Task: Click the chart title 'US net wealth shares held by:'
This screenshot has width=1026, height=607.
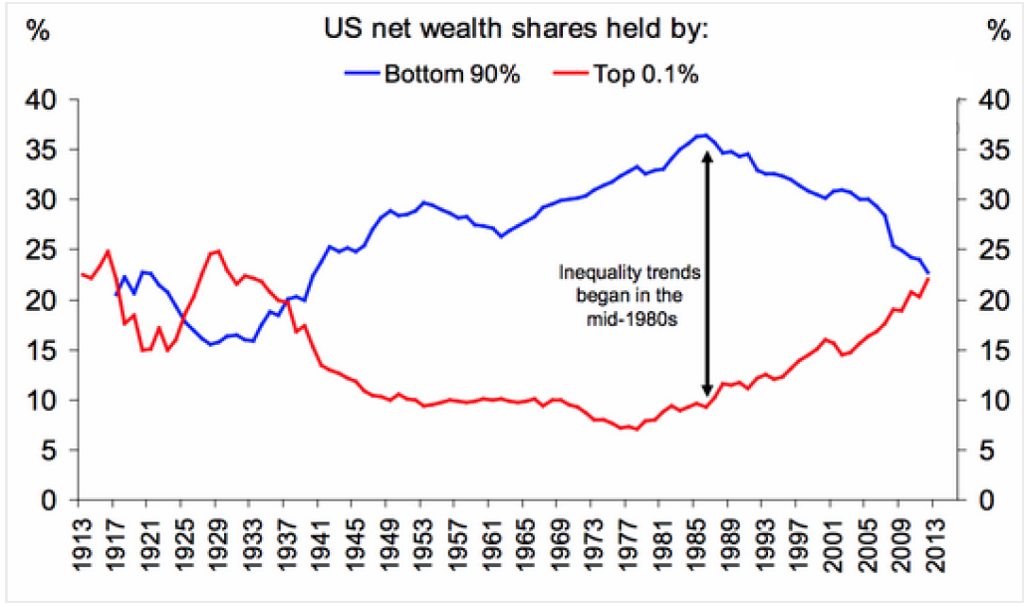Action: click(x=514, y=30)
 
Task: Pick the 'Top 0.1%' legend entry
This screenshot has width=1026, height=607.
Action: click(x=644, y=72)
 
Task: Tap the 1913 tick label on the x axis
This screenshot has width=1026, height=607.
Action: click(x=81, y=538)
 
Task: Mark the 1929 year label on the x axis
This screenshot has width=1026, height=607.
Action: click(x=216, y=538)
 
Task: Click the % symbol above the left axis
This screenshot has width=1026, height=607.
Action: click(x=38, y=30)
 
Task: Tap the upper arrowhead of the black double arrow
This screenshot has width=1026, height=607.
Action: click(x=707, y=155)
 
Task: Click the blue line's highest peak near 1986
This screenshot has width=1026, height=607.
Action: click(x=704, y=135)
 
